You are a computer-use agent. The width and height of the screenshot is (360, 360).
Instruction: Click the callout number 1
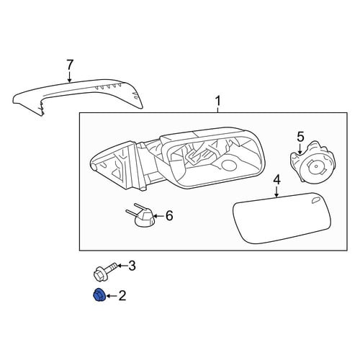(x=217, y=102)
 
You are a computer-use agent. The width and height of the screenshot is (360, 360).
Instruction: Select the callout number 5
(x=300, y=137)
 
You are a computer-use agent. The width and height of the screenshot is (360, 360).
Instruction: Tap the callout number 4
(x=276, y=180)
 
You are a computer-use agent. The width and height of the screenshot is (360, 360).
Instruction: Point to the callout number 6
(x=169, y=216)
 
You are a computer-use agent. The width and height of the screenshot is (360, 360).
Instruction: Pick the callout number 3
(x=132, y=266)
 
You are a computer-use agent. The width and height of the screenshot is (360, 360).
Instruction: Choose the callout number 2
(x=122, y=296)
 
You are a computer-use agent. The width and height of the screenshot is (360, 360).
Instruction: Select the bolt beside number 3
(x=105, y=272)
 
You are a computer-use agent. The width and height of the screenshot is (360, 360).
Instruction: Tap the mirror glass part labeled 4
(x=282, y=218)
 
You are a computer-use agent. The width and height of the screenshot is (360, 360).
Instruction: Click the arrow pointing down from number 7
(x=69, y=76)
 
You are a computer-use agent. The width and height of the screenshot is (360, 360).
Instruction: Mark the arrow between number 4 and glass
(x=276, y=192)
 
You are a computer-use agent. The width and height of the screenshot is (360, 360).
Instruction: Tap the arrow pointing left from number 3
(x=122, y=266)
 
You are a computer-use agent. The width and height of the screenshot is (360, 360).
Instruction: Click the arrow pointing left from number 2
(x=112, y=296)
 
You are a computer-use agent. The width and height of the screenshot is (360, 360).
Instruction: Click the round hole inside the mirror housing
(x=228, y=166)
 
